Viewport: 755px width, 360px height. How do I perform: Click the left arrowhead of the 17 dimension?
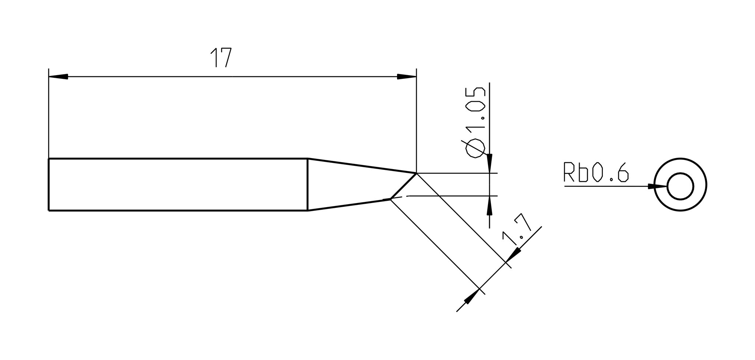pyautogui.click(x=58, y=77)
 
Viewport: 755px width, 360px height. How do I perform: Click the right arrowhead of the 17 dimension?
pyautogui.click(x=407, y=77)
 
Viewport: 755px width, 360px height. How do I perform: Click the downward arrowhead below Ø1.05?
pyautogui.click(x=489, y=163)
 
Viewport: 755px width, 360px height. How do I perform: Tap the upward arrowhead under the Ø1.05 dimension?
pyautogui.click(x=489, y=205)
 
